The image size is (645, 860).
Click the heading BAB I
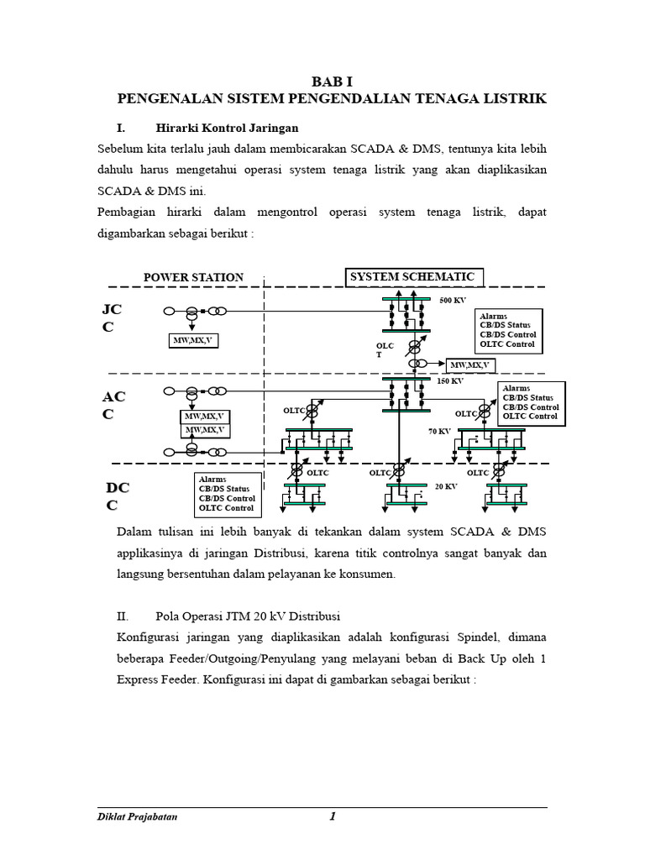click(333, 81)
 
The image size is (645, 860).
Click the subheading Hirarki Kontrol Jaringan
click(227, 128)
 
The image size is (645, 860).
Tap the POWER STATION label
click(193, 277)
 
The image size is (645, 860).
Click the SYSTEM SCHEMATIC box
click(414, 277)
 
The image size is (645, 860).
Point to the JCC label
click(113, 318)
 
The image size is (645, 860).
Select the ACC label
click(113, 405)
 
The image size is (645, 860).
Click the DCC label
click(117, 496)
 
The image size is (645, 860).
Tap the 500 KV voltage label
click(452, 299)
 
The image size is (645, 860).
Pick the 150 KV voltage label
click(450, 380)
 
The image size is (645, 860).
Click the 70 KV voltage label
click(439, 431)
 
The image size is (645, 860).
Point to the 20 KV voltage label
click(445, 486)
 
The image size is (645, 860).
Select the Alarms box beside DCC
click(227, 494)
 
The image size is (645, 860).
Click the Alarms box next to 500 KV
click(507, 330)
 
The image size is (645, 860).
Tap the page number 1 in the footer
click(333, 816)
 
